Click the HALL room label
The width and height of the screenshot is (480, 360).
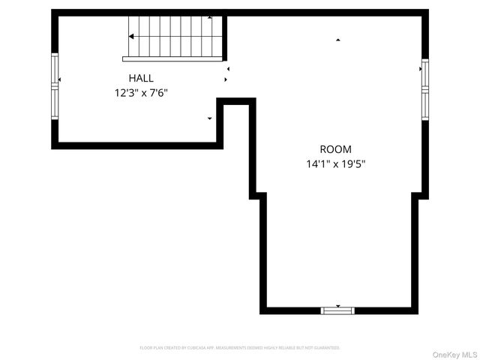point(141,77)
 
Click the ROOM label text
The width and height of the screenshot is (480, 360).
point(335,149)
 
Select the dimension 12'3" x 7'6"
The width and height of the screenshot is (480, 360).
point(141,93)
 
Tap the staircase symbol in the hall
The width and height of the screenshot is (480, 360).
point(175,37)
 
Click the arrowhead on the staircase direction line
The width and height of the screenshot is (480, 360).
point(131,36)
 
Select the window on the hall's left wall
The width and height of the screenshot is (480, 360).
point(55,84)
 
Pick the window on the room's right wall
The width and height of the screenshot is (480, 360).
point(424,88)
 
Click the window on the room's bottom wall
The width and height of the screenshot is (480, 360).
point(337,310)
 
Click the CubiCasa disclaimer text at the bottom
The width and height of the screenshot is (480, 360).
point(240,348)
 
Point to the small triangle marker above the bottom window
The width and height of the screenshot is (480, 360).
point(337,305)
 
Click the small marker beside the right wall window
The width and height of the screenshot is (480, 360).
point(420,69)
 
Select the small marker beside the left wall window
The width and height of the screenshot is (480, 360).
point(59,79)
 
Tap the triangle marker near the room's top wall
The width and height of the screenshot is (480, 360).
point(337,39)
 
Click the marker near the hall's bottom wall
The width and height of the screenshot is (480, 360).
point(209,118)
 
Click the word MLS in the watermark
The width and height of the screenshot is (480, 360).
point(468,354)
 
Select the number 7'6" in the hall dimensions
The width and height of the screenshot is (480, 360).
point(158,93)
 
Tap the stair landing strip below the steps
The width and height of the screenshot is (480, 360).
point(172,58)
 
